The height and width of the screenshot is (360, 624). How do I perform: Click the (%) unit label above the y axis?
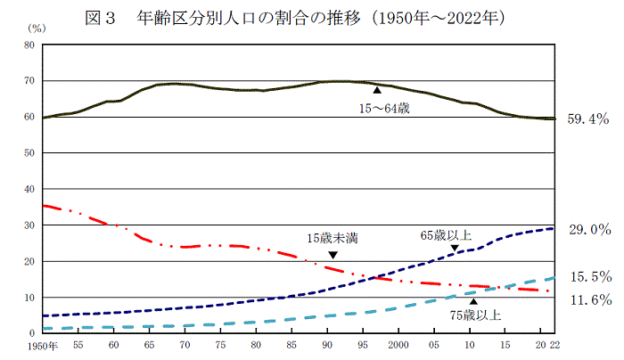click(x=28, y=29)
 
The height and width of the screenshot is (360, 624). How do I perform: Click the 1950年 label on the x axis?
click(x=42, y=345)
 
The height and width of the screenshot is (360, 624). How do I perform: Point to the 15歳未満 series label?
click(x=333, y=238)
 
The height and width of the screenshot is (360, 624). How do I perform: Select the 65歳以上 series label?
click(x=446, y=236)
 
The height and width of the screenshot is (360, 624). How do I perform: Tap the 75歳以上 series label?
click(x=475, y=315)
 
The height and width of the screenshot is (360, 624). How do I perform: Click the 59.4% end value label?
click(x=587, y=118)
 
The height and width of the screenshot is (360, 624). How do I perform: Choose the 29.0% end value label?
click(x=587, y=229)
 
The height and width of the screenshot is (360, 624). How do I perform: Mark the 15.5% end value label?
click(x=587, y=277)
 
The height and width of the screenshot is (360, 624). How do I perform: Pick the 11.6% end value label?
click(x=587, y=299)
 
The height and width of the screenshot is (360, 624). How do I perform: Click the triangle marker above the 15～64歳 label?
click(x=377, y=90)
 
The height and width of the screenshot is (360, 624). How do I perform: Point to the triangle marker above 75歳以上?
click(x=472, y=301)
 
